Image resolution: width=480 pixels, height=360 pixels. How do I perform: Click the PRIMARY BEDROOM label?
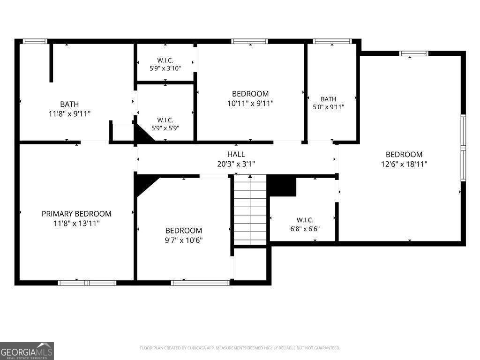pyautogui.click(x=76, y=214)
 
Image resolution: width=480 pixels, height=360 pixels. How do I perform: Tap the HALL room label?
pyautogui.click(x=236, y=154)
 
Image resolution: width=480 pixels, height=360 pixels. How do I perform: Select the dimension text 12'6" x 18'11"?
pyautogui.click(x=404, y=164)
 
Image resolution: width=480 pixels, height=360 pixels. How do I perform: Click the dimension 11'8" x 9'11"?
pyautogui.click(x=69, y=114)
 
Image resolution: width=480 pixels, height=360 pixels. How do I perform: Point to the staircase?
pyautogui.click(x=250, y=210)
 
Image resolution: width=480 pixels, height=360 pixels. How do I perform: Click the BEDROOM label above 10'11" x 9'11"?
pyautogui.click(x=250, y=94)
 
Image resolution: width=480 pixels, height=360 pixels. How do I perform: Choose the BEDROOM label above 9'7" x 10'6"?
pyautogui.click(x=184, y=231)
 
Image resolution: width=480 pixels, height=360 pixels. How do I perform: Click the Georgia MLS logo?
pyautogui.click(x=27, y=351)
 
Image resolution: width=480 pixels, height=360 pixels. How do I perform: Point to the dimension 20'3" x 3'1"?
pyautogui.click(x=236, y=164)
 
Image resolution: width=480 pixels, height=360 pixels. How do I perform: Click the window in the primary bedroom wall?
pyautogui.click(x=87, y=283)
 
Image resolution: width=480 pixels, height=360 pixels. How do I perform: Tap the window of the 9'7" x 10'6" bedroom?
pyautogui.click(x=200, y=283)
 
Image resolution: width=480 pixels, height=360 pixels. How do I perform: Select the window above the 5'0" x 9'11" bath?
pyautogui.click(x=332, y=41)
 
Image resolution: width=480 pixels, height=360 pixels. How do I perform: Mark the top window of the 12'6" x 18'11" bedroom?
pyautogui.click(x=413, y=53)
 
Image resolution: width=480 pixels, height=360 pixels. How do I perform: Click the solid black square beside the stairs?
pyautogui.click(x=282, y=186)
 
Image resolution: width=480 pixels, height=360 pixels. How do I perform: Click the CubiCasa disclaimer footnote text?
pyautogui.click(x=240, y=348)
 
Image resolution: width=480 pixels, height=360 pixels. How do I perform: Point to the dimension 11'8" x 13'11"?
pyautogui.click(x=76, y=224)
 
